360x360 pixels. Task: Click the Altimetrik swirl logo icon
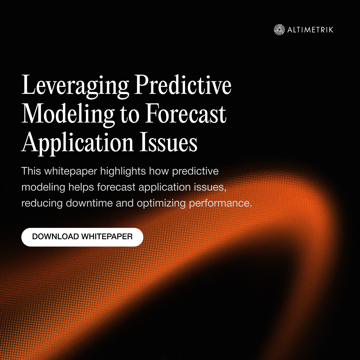pyautogui.click(x=279, y=29)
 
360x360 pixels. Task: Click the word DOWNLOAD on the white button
pyautogui.click(x=56, y=237)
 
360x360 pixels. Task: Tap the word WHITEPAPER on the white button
pyautogui.click(x=107, y=237)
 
